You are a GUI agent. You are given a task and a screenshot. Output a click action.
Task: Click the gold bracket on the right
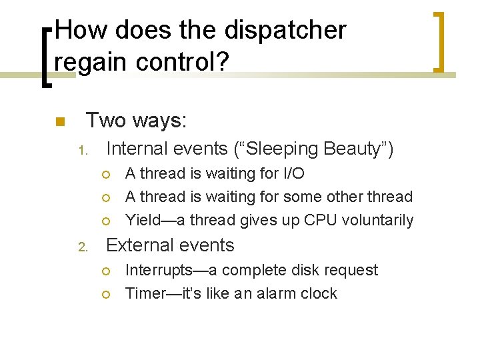click(x=440, y=41)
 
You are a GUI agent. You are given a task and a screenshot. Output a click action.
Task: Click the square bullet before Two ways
click(x=59, y=122)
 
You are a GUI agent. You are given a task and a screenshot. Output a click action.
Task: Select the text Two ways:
click(x=137, y=121)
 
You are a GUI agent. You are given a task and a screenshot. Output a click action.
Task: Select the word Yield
click(x=142, y=221)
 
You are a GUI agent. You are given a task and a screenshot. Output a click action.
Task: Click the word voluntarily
click(x=381, y=221)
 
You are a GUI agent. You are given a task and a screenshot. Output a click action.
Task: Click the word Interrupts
click(x=159, y=271)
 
